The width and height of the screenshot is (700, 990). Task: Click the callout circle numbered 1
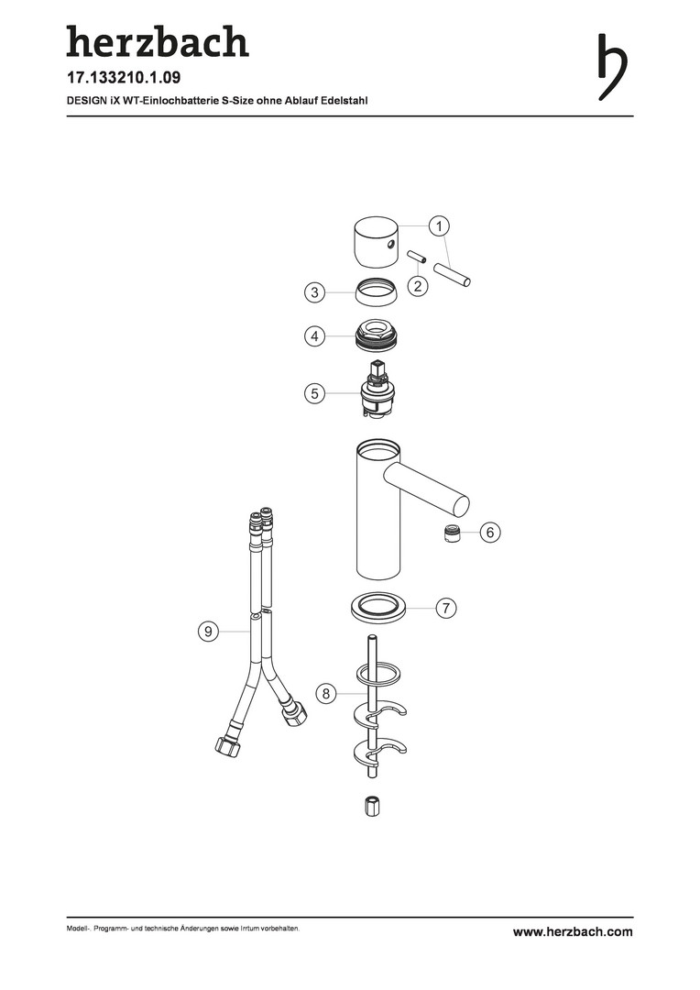439,226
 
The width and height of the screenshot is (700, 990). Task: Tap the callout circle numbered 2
418,286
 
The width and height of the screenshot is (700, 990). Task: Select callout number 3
314,292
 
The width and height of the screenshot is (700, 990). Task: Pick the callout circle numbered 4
314,335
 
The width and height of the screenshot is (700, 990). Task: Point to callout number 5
314,393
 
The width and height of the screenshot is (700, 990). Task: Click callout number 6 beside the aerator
490,533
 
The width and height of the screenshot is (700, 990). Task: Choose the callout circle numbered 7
446,608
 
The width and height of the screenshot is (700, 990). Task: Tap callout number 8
325,694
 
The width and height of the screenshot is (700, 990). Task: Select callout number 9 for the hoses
208,631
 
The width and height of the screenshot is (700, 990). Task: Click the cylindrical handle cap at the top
377,242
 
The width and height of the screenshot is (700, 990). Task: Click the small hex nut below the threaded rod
373,807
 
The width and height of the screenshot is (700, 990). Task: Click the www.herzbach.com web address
573,932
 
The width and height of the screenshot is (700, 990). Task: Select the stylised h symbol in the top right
612,66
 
